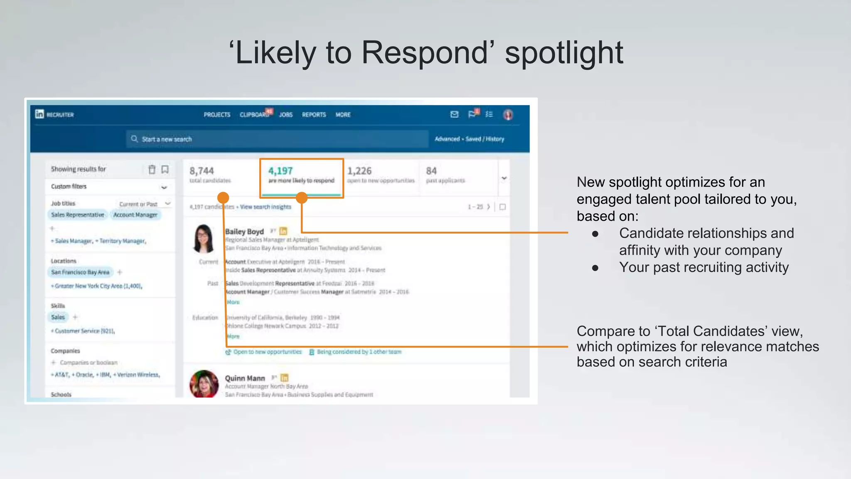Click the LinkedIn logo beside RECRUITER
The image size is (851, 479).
coord(39,114)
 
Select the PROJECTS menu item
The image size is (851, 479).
coord(216,115)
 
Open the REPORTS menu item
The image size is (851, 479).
coord(314,115)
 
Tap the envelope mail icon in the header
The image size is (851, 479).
coord(454,114)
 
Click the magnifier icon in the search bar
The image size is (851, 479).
coord(134,139)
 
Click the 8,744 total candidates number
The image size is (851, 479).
coord(202,171)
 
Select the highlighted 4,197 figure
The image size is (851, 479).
coord(280,171)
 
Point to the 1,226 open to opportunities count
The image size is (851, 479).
coord(359,171)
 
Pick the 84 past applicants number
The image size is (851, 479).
coord(431,171)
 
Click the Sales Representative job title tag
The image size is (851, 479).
coord(78,215)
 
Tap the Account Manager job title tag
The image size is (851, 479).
coord(135,215)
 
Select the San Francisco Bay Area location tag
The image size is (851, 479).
coord(80,272)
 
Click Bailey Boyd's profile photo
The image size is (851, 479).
coord(204,239)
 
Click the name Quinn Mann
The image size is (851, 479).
coord(245,378)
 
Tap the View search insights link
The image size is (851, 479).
coord(266,207)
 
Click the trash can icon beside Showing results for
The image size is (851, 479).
coord(152,169)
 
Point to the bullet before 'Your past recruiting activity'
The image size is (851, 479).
coord(595,268)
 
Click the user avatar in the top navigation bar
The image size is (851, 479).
coord(508,115)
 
